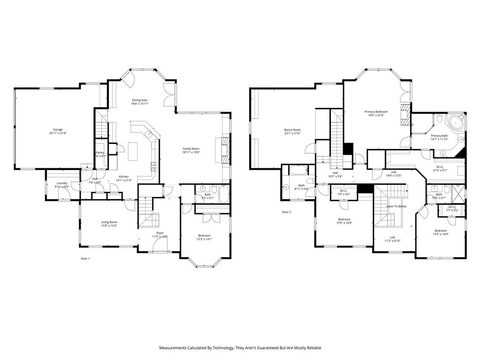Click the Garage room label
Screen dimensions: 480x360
click(58, 129)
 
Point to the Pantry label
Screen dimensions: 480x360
click(100, 152)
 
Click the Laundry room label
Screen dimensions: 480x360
click(62, 183)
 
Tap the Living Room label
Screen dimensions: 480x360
click(109, 222)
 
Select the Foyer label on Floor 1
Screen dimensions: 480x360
click(160, 232)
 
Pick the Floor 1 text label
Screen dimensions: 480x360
click(85, 258)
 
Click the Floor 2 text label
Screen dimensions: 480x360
click(286, 212)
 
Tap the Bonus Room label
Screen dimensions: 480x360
click(292, 129)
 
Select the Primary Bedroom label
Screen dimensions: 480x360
click(376, 112)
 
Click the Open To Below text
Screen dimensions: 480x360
click(396, 206)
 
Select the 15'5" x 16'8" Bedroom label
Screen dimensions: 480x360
click(344, 219)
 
